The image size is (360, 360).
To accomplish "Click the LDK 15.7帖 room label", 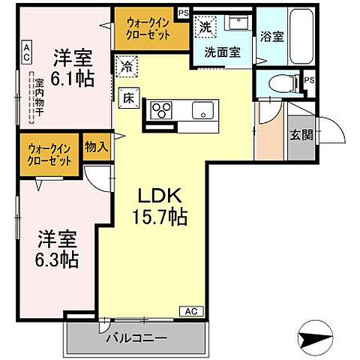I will coord(160,207).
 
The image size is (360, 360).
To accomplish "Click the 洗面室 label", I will coord(222,53).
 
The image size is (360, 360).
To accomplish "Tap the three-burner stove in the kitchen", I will coord(163,110).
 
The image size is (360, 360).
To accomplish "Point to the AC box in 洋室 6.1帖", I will coord(25,52).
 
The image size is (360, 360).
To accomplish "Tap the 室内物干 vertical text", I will coord(32,97).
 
